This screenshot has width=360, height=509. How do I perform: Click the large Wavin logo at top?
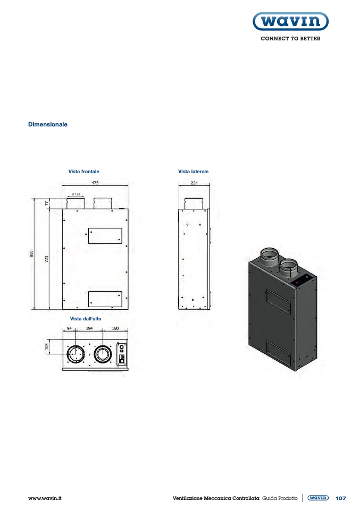(x=290, y=21)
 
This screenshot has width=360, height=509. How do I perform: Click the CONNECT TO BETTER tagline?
(x=290, y=39)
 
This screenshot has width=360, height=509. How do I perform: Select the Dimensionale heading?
(x=48, y=124)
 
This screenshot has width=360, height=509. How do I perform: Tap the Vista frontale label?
(x=84, y=172)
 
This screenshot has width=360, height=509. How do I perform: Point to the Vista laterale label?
(x=194, y=172)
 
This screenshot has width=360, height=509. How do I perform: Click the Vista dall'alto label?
(x=86, y=319)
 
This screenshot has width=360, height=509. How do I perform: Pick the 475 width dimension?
(x=95, y=183)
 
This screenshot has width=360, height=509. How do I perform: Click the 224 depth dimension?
(x=194, y=183)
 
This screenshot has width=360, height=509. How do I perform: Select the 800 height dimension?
(x=31, y=254)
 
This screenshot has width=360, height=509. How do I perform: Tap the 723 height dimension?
(x=46, y=259)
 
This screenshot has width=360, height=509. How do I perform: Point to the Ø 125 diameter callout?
(x=76, y=194)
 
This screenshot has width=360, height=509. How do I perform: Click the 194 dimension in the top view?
(x=89, y=328)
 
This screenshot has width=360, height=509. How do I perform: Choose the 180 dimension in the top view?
(x=115, y=328)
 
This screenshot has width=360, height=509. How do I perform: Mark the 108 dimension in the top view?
(x=46, y=347)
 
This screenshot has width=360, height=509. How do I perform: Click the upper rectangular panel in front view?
(x=105, y=236)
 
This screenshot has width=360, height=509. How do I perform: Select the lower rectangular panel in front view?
(x=105, y=299)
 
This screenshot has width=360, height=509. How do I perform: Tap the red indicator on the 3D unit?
(x=297, y=283)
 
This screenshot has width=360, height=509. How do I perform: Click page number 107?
(x=341, y=498)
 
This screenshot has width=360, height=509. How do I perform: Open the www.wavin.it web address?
(x=45, y=498)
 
